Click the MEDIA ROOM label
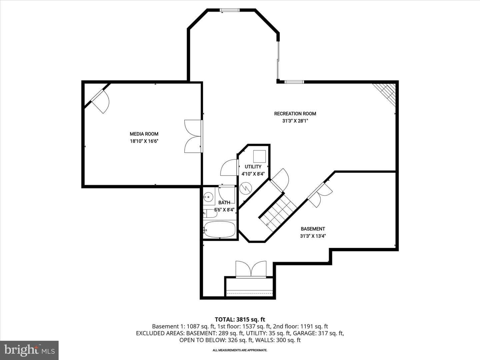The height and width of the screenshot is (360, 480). pyautogui.click(x=144, y=134)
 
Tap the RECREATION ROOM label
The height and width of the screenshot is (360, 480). pyautogui.click(x=295, y=114)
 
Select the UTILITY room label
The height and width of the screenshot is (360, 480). pyautogui.click(x=253, y=167)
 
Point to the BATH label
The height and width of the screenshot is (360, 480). pyautogui.click(x=224, y=203)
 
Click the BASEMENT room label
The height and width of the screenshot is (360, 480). pyautogui.click(x=313, y=229)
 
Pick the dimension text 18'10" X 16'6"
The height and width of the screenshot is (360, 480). pyautogui.click(x=144, y=141)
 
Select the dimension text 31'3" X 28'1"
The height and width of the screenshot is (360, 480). pyautogui.click(x=295, y=121)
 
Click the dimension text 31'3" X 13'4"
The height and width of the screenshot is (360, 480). pyautogui.click(x=313, y=236)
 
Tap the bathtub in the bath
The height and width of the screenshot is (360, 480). pyautogui.click(x=220, y=229)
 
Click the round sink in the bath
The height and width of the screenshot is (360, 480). pyautogui.click(x=209, y=197)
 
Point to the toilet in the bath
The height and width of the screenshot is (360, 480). pyautogui.click(x=210, y=213)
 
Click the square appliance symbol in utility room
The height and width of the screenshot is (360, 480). pyautogui.click(x=259, y=156)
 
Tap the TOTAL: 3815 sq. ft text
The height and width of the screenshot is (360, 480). pyautogui.click(x=240, y=320)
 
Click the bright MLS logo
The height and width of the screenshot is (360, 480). pyautogui.click(x=29, y=350)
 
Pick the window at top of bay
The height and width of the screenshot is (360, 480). pyautogui.click(x=230, y=10)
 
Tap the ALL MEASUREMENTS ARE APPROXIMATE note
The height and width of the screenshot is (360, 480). pyautogui.click(x=240, y=350)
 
